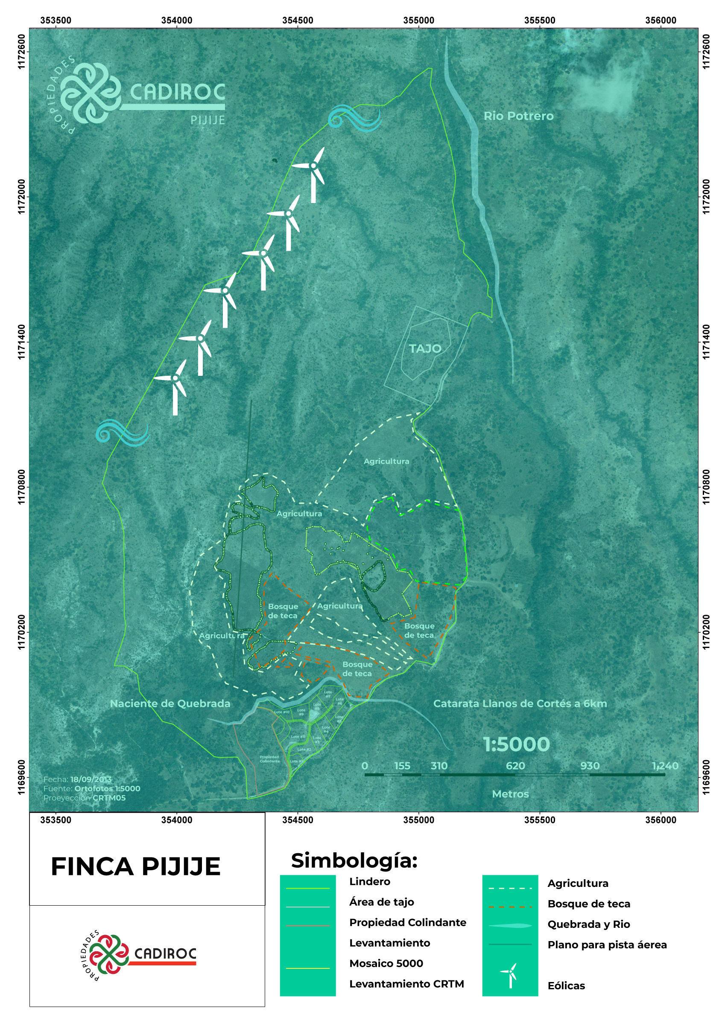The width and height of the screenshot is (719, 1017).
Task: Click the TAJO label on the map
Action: click(x=425, y=349)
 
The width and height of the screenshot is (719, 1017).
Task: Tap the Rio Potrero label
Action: click(x=518, y=116)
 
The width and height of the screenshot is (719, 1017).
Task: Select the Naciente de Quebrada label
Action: click(x=170, y=703)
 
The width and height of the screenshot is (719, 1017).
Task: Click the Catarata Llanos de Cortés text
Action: click(x=520, y=703)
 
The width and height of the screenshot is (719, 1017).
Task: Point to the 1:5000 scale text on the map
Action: click(x=516, y=744)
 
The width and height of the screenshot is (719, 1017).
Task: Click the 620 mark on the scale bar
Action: click(x=515, y=766)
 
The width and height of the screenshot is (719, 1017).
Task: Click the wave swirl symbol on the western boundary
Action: click(x=121, y=432)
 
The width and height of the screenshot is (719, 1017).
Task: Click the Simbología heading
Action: click(x=354, y=860)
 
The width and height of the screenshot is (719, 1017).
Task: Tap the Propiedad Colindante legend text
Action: click(x=407, y=922)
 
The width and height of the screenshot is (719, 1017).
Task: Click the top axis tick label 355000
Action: click(x=418, y=20)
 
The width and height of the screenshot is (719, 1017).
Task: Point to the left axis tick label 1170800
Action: click(x=21, y=487)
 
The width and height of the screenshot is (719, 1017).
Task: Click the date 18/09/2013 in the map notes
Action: click(x=91, y=779)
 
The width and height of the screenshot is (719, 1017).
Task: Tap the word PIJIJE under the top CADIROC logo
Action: click(x=208, y=120)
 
